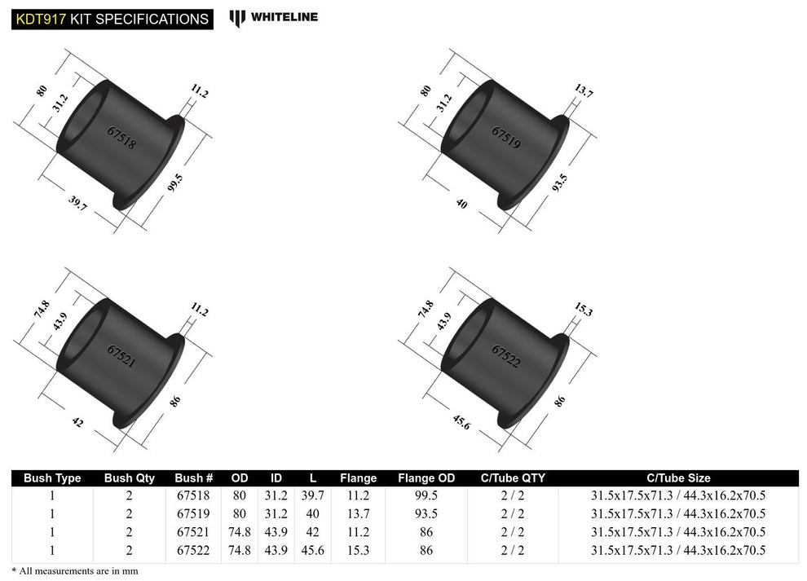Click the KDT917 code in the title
tap(39, 18)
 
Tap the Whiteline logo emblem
tap(237, 18)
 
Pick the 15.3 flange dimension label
tap(584, 310)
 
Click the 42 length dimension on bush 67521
tap(77, 422)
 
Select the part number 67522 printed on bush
tap(505, 356)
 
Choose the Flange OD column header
tap(426, 478)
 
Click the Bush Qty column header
tap(129, 478)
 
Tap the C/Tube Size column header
tap(677, 478)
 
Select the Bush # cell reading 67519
tap(194, 514)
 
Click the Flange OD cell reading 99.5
tap(426, 495)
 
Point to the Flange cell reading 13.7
tap(358, 514)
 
